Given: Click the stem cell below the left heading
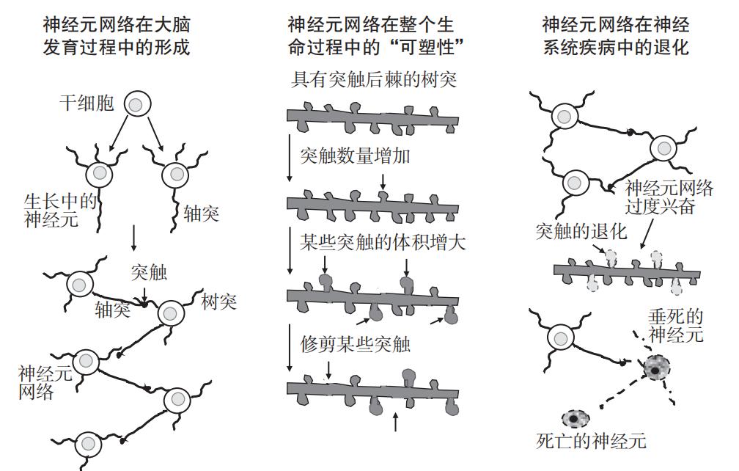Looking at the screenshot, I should pos(135,104).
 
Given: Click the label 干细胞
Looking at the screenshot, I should pos(87,104).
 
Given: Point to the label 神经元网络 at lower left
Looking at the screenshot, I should pos(45,382).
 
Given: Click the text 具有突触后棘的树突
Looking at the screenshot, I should pos(374,79).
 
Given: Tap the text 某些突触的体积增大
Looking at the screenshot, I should pos(383,241).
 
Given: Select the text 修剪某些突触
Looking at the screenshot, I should pos(356,344).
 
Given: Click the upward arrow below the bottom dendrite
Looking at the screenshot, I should pos(396,422).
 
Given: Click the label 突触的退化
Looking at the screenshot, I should pos(581,233).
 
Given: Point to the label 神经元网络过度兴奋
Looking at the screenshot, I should pos(669,197).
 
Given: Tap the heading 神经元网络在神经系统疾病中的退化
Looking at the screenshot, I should pos(616,37).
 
